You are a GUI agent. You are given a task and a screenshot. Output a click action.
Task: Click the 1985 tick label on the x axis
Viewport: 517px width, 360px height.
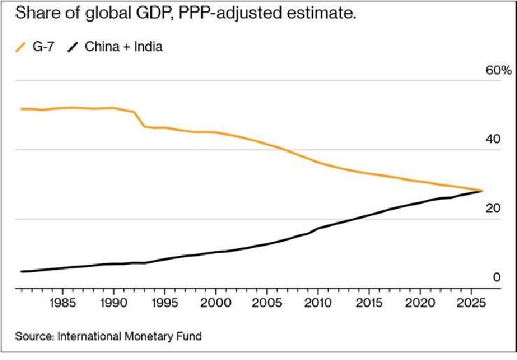[63, 305]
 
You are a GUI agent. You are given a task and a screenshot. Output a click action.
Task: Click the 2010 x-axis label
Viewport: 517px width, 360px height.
[318, 305]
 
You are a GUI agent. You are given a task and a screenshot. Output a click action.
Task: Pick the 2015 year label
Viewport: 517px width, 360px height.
[369, 305]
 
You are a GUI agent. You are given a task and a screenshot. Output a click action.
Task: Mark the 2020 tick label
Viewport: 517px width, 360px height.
[420, 305]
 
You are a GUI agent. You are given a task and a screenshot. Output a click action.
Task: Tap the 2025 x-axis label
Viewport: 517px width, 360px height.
[470, 305]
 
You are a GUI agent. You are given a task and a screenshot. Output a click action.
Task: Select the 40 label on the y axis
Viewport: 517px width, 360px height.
[495, 140]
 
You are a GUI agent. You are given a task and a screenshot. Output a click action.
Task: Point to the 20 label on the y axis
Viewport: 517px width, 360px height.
[495, 208]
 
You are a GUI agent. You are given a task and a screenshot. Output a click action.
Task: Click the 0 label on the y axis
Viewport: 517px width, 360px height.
[497, 278]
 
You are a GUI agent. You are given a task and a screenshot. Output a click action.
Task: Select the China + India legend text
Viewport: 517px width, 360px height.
[123, 48]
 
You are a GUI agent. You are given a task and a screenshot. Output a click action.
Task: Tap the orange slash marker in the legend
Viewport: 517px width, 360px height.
[20, 48]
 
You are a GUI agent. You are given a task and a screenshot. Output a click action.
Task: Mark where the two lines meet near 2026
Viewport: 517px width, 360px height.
[481, 190]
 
